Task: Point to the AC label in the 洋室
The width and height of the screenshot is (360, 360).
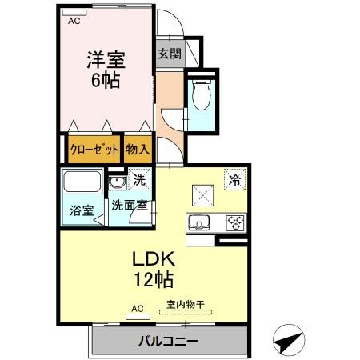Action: point(74,22)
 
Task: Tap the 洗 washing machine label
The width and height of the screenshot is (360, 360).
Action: point(138,181)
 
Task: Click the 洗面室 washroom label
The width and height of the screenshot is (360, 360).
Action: point(129,205)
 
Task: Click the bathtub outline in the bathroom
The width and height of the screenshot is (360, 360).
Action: point(81,183)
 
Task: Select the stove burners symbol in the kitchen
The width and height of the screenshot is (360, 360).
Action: point(235,222)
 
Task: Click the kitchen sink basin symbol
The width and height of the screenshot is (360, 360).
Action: point(198,222)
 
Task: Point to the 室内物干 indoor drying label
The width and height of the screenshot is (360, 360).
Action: point(185,304)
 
